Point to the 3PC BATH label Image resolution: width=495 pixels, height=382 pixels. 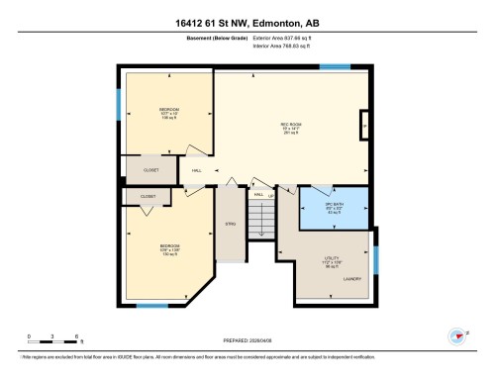[x=335, y=208]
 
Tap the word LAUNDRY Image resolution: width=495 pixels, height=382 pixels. [x=352, y=279]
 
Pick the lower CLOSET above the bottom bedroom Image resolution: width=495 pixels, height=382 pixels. [x=148, y=197]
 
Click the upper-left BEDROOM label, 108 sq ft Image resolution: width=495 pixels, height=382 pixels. [x=167, y=112]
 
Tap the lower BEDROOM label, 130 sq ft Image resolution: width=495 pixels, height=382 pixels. [x=169, y=248]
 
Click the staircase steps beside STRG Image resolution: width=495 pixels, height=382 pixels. [x=260, y=223]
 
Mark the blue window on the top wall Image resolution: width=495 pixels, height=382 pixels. [x=335, y=67]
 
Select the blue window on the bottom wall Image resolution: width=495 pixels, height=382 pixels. [x=150, y=305]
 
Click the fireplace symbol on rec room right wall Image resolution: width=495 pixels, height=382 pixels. [x=365, y=126]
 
